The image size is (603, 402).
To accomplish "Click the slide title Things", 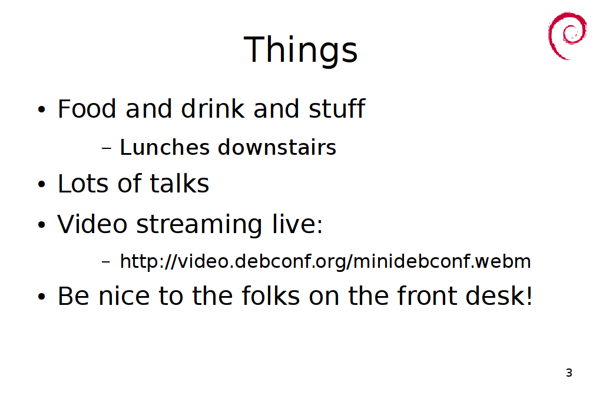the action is [301, 50].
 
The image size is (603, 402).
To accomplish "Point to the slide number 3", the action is [569, 373].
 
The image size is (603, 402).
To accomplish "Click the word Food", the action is [87, 109].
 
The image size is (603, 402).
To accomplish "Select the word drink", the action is [212, 108].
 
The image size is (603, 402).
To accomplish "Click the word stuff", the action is [337, 108].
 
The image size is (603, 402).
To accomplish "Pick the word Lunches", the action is [165, 147].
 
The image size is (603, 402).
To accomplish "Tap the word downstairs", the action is [277, 147].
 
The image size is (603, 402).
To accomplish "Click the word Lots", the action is [83, 183].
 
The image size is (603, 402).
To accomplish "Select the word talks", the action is [179, 183].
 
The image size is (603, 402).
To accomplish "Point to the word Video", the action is [92, 224].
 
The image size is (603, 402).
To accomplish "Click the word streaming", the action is [199, 225].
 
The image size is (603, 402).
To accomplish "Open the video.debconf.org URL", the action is [325, 262].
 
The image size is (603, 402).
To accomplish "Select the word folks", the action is [271, 296].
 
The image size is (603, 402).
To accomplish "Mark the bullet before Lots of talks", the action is [42, 184].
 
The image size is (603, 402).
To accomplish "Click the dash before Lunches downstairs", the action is [107, 148].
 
